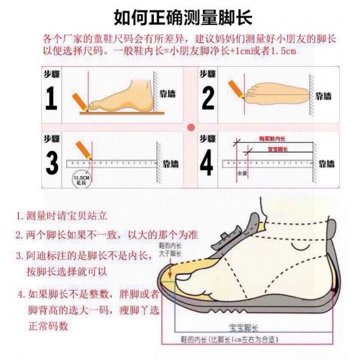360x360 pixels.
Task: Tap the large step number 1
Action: (x=51, y=98)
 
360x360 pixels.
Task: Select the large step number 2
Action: (x=207, y=98)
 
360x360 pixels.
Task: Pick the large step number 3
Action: (x=51, y=163)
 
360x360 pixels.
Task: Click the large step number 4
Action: (x=207, y=163)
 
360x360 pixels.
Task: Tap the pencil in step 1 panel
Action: (x=81, y=98)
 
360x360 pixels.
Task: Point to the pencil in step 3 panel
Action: (x=82, y=149)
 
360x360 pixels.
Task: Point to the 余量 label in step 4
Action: (x=241, y=174)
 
